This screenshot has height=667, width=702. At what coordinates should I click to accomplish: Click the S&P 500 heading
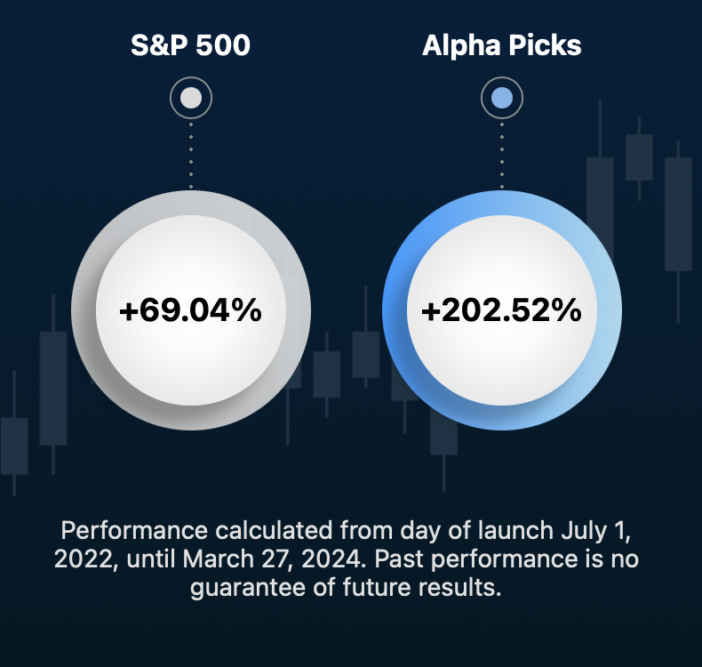(190, 44)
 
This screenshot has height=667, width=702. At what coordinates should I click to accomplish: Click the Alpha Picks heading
(501, 45)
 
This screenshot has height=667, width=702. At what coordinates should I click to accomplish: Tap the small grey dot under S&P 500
(191, 98)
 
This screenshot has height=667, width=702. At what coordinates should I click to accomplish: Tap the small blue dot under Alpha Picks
(502, 98)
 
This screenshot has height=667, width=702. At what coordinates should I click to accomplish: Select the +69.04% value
(190, 310)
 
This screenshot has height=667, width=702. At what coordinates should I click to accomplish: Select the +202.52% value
(501, 310)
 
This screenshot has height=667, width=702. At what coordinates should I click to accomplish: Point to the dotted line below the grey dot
(191, 155)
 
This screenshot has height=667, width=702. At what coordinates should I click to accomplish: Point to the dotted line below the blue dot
(502, 155)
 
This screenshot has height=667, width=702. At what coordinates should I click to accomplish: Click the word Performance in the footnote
(134, 530)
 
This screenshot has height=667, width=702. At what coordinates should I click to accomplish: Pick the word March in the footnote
(219, 559)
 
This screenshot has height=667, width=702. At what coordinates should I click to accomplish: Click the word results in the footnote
(459, 587)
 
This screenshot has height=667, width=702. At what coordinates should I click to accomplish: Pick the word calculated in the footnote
(274, 530)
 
